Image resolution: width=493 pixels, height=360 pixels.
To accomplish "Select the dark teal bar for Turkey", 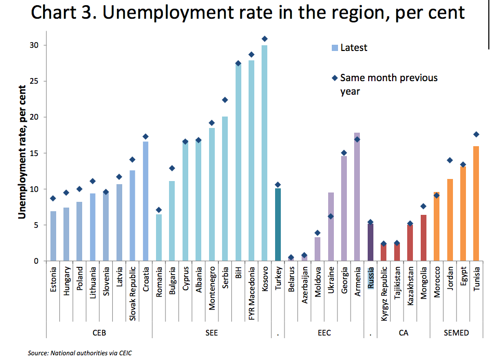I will coord(278,225).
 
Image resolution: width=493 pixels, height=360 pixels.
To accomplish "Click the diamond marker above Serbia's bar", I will coord(225,100).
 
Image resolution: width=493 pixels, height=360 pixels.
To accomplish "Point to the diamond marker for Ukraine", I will coord(331,216).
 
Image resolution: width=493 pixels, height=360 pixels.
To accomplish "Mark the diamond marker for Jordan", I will coord(450,160).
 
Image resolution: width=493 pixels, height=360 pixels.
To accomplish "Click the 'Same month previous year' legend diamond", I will coord(335,79).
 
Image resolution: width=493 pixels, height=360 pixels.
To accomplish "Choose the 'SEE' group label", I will coord(212,333).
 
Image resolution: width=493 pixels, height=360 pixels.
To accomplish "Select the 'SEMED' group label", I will coord(457,333).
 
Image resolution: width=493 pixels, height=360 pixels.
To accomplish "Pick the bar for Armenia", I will coord(357,197).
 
